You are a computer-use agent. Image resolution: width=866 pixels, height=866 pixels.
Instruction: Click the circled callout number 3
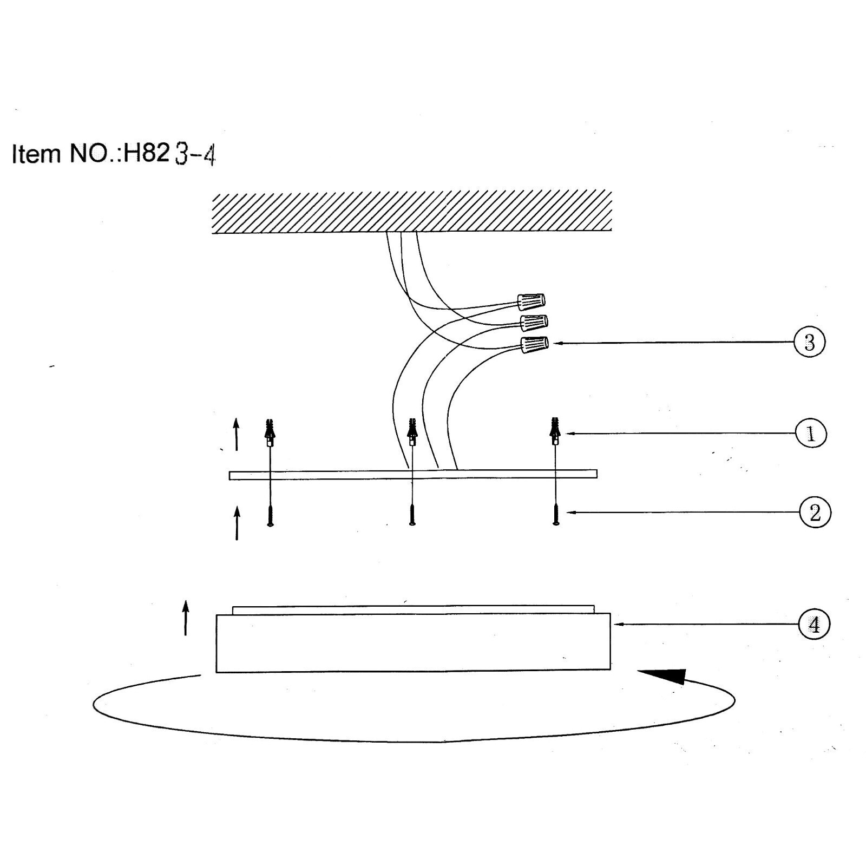click(x=809, y=342)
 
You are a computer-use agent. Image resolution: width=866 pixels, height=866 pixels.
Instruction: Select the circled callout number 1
click(x=811, y=434)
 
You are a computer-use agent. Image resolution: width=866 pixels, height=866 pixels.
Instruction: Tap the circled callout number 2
click(x=815, y=512)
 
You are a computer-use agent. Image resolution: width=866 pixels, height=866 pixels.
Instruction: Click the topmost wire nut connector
click(x=531, y=300)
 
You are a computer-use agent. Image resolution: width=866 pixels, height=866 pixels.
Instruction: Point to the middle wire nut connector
click(x=534, y=323)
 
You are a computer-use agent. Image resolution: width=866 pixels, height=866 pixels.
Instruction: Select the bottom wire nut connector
click(x=534, y=345)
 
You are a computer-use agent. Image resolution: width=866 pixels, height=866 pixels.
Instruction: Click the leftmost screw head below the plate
click(x=270, y=515)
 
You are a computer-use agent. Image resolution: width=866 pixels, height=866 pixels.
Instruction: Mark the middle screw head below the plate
click(x=412, y=515)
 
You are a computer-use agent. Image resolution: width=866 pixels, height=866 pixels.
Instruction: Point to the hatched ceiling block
click(x=412, y=212)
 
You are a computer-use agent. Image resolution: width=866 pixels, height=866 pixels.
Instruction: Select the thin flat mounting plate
click(x=413, y=475)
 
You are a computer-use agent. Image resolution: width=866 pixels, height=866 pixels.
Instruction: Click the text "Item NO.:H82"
click(x=90, y=154)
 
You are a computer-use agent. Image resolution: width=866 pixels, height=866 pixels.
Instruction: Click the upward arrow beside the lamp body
click(x=186, y=618)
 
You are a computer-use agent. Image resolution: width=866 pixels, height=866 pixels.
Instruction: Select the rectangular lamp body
click(x=414, y=639)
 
